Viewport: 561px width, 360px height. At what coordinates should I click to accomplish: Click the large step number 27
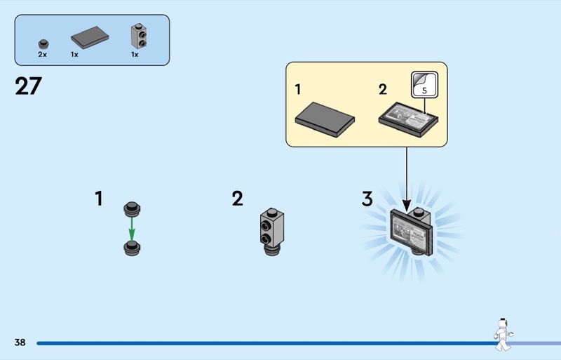pos(28,86)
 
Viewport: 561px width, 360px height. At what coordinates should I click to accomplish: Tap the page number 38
pos(20,342)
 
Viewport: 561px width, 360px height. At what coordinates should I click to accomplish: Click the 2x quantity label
pos(43,54)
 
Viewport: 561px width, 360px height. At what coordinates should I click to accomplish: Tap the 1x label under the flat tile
pos(74,54)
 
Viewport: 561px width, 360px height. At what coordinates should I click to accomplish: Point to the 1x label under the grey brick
pos(135,54)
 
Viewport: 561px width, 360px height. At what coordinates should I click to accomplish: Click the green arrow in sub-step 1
pos(131,226)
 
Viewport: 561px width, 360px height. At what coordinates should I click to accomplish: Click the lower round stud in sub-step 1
pos(131,246)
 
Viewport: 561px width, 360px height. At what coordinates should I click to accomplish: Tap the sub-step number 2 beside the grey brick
pos(238,199)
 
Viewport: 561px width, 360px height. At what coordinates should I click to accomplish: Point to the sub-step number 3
pos(367,199)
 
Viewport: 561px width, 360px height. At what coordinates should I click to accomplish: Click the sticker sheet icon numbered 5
pos(424,84)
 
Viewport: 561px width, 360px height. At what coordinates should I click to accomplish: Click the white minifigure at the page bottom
pos(502,334)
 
